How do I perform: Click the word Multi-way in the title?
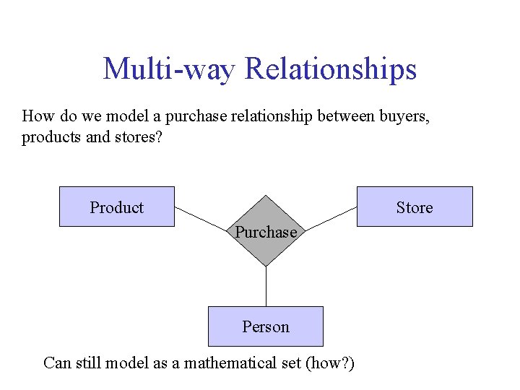[170, 69]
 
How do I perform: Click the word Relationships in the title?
[331, 69]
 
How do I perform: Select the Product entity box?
[116, 207]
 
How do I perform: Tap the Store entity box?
[415, 207]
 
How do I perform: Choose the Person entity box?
[266, 326]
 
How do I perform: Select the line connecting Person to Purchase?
[266, 286]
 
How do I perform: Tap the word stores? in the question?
[138, 137]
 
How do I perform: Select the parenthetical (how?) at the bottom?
[330, 363]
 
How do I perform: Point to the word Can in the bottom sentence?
[56, 363]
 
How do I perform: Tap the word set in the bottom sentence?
[291, 363]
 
